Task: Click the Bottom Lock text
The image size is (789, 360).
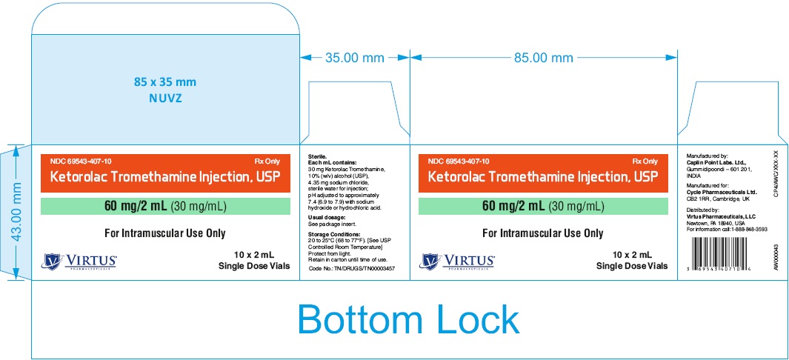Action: [408, 319]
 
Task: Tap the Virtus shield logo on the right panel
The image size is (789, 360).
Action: [430, 261]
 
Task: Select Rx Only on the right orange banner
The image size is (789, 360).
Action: [645, 161]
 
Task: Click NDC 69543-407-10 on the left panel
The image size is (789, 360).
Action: [81, 161]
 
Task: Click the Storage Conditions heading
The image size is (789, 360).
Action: [336, 233]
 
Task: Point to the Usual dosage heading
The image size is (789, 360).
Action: [327, 216]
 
